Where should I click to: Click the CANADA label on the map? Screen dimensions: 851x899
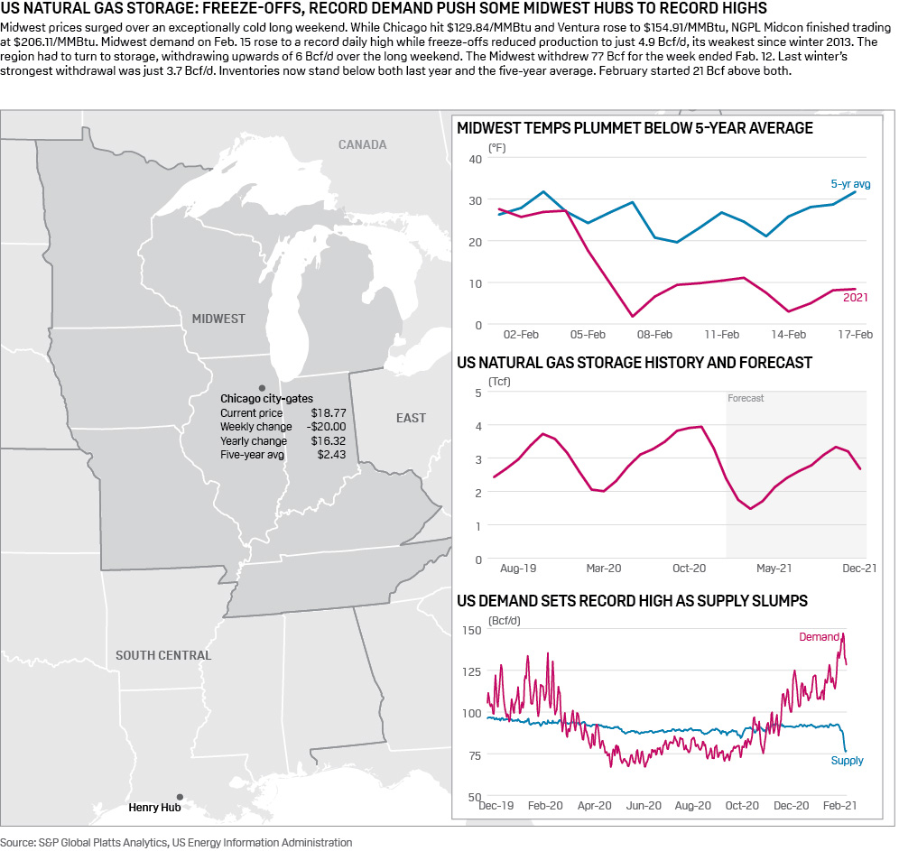click(362, 144)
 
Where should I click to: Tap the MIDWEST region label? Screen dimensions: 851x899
click(218, 319)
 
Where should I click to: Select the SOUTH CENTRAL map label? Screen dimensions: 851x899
click(163, 655)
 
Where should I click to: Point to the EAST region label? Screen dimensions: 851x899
click(411, 418)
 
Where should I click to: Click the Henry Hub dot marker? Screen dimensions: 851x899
click(180, 797)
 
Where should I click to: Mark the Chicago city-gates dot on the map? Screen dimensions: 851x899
click(262, 386)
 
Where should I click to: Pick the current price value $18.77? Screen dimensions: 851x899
click(329, 412)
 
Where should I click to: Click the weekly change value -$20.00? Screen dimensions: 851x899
click(326, 427)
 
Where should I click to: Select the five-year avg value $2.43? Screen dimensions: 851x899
click(332, 455)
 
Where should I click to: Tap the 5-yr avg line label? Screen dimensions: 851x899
click(850, 184)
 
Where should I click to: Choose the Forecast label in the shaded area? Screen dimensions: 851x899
click(746, 398)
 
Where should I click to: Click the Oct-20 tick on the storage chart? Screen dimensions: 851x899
click(689, 569)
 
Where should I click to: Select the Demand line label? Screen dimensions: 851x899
click(819, 637)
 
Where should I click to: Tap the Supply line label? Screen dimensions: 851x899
click(847, 761)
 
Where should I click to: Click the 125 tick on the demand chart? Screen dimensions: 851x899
click(471, 671)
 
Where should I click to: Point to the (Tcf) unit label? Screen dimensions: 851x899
click(499, 382)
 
